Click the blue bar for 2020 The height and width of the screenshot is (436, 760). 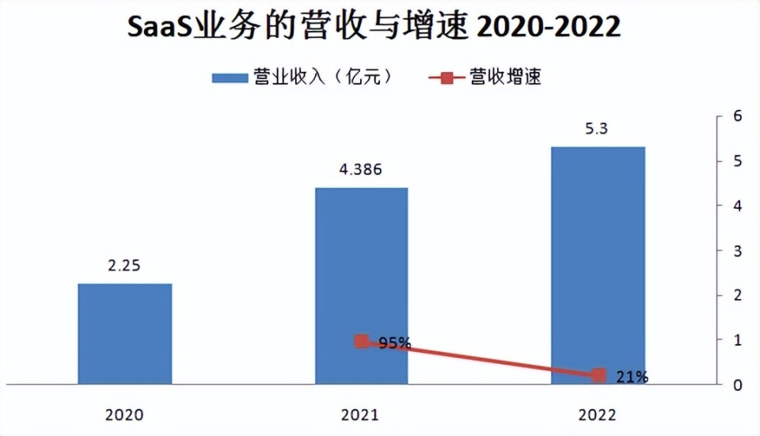coord(125,334)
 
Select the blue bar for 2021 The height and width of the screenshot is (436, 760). coord(362,286)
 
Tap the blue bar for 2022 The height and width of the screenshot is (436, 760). coord(598,265)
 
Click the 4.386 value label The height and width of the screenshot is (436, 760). coord(362,169)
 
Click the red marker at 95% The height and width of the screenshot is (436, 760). coord(362,341)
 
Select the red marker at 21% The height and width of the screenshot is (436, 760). coord(598,375)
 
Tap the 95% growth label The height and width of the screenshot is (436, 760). coord(394,343)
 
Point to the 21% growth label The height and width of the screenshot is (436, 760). coord(631,377)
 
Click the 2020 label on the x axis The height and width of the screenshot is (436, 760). coord(125,413)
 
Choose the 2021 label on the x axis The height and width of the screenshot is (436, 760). coord(362,413)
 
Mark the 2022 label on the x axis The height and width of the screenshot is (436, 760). coord(598,413)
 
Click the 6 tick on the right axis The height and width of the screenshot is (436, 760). coord(737,116)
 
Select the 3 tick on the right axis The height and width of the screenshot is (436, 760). coord(737,251)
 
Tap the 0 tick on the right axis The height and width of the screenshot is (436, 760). coord(737,385)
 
